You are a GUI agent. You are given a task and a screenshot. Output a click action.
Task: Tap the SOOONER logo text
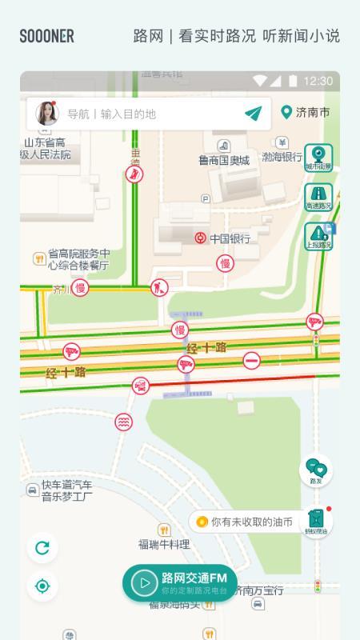[x=47, y=36]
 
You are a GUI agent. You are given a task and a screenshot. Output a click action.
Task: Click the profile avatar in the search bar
[x=46, y=114]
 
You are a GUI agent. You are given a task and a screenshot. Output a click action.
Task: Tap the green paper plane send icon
[x=254, y=114]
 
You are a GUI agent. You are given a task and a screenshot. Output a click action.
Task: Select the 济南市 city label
[x=306, y=113]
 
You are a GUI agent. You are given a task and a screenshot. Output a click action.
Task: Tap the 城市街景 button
[x=318, y=158]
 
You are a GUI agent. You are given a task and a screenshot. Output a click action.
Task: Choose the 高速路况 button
[x=318, y=197]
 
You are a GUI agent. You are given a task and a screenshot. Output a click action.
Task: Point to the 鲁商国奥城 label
[x=224, y=160]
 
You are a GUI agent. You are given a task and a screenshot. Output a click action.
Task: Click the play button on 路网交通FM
[x=144, y=582]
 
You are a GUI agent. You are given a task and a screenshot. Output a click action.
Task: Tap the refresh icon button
[x=42, y=548]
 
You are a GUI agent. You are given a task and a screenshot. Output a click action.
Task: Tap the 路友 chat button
[x=316, y=472]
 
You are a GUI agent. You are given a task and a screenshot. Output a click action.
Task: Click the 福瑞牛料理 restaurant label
[x=164, y=544]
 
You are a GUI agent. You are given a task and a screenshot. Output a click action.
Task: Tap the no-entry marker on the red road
[x=251, y=360]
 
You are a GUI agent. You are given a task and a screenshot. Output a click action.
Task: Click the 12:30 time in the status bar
[x=318, y=81]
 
